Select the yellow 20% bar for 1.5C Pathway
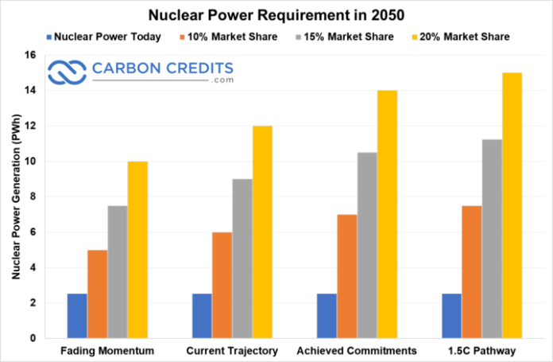512,205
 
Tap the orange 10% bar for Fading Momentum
97,294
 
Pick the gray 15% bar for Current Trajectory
242,259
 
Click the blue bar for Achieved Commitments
326,316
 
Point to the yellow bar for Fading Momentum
137,250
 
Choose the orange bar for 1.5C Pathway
471,271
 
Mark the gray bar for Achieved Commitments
366,245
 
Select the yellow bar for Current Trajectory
262,232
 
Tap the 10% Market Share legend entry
222,37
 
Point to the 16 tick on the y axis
30,55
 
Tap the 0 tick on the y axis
33,338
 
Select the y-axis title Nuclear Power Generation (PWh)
15,197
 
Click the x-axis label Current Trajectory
232,351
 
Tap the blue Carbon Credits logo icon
68,73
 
